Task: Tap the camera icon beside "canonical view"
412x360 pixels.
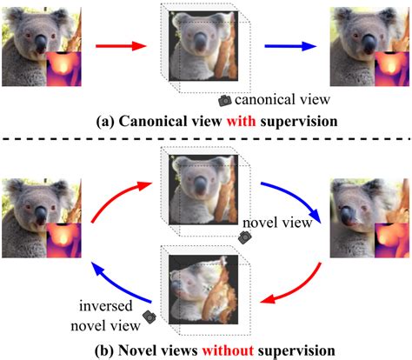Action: [224, 101]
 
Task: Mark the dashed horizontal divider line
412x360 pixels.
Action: [206, 138]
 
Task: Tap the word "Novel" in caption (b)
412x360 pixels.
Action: [137, 351]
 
